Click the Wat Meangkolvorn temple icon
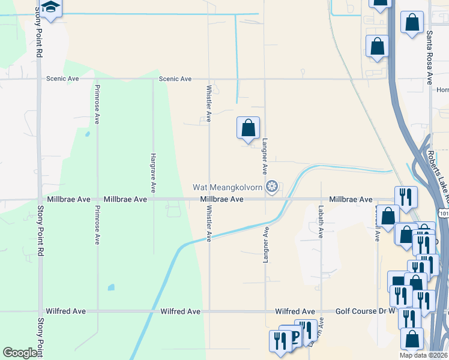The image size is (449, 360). [272, 188]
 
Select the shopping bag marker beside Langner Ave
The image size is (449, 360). [248, 128]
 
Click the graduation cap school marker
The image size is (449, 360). [50, 8]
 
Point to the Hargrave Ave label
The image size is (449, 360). [152, 172]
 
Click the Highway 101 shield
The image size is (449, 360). [443, 213]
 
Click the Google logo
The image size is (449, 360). [20, 353]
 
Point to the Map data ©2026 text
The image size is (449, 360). [423, 355]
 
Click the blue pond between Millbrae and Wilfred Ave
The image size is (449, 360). [111, 287]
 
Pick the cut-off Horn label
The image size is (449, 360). [442, 90]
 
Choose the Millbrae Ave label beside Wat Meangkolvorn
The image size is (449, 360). [221, 199]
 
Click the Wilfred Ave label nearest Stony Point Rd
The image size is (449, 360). [65, 311]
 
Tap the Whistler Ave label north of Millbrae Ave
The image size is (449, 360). [209, 103]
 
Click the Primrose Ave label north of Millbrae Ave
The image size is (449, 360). [96, 104]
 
